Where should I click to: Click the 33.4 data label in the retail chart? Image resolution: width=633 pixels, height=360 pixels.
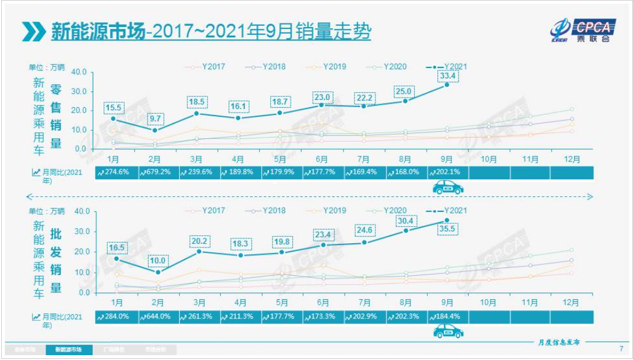[x=447, y=76]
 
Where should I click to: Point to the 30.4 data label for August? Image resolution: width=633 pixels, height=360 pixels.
[x=405, y=220]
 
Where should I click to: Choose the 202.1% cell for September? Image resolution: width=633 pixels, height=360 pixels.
[x=447, y=173]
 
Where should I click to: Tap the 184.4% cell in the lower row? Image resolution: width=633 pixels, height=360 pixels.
[x=447, y=317]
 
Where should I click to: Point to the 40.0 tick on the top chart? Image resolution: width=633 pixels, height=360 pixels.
[x=79, y=72]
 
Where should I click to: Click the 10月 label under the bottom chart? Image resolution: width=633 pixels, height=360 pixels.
[x=489, y=302]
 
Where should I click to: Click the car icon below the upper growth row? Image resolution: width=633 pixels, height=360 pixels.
[x=448, y=188]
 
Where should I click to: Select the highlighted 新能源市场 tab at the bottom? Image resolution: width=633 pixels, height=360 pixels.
[x=69, y=349]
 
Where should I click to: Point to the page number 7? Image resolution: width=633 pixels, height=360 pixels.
[x=622, y=349]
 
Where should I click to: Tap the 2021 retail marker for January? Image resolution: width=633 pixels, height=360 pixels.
[x=113, y=119]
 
